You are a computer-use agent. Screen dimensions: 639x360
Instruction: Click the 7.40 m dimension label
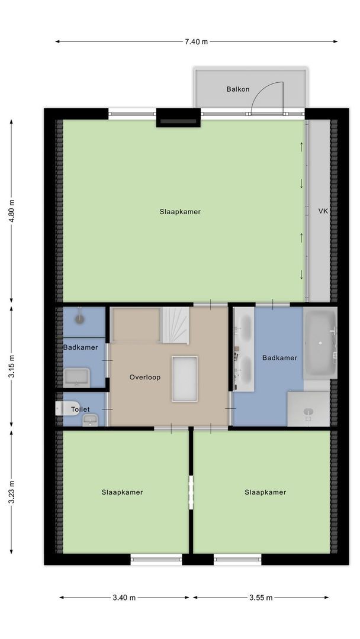click(197, 41)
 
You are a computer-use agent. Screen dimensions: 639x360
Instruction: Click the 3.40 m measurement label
click(124, 598)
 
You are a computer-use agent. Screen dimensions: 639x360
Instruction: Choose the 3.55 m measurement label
click(261, 598)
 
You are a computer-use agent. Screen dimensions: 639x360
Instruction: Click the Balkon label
click(237, 89)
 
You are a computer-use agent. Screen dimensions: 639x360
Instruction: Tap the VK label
click(323, 211)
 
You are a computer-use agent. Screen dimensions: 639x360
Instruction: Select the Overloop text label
click(145, 377)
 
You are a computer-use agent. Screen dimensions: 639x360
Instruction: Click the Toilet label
click(80, 409)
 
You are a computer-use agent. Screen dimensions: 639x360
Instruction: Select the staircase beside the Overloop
click(176, 325)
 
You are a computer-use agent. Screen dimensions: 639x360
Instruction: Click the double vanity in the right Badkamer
click(244, 350)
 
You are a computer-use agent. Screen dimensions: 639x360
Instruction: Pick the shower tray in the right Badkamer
click(308, 409)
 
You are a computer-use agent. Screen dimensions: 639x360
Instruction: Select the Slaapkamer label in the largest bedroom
click(180, 211)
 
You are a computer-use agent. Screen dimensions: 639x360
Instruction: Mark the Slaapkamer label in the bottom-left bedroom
click(122, 492)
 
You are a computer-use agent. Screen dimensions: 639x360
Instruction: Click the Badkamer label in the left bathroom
click(81, 347)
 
